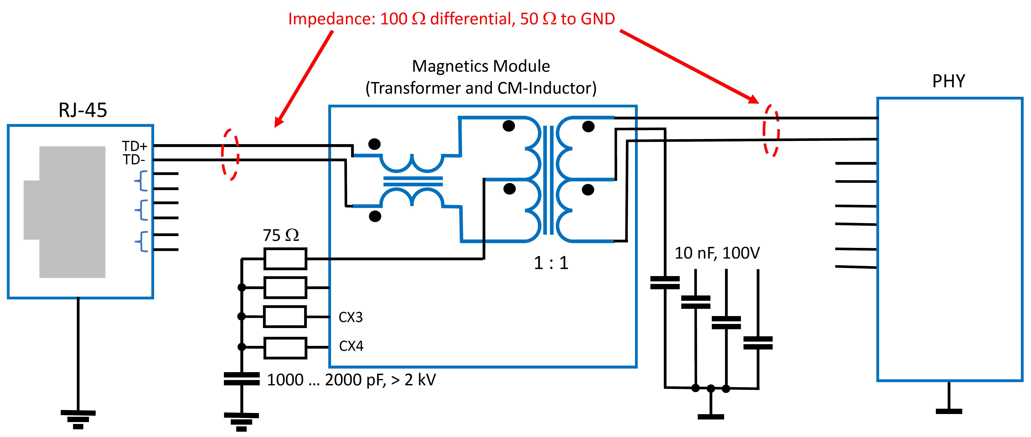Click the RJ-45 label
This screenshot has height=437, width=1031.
tap(83, 110)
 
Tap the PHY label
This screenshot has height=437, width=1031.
tap(949, 81)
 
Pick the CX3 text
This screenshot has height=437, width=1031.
tap(351, 317)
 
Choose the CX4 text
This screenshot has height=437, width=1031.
tap(351, 346)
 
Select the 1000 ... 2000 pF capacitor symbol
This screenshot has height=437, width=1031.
tap(242, 379)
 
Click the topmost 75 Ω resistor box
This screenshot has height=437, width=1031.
tap(285, 259)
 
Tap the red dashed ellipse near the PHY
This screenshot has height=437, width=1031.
tap(771, 131)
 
